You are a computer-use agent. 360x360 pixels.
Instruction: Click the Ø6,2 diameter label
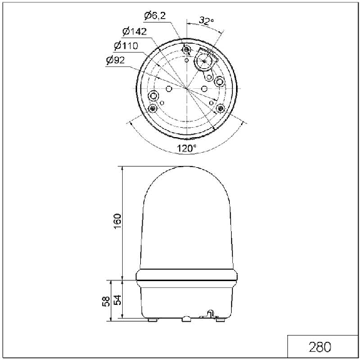(x=155, y=16)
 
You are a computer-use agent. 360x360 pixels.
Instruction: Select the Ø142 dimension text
(x=135, y=31)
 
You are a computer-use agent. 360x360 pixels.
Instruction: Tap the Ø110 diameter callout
(x=126, y=46)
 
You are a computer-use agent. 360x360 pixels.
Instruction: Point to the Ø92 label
(x=115, y=60)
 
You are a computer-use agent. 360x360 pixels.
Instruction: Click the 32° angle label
(x=206, y=21)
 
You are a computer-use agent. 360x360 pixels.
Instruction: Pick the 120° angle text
(x=187, y=148)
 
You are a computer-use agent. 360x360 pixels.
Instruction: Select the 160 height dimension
(x=117, y=221)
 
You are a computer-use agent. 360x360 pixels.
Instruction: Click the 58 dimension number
(x=106, y=301)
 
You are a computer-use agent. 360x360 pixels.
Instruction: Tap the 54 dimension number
(x=117, y=300)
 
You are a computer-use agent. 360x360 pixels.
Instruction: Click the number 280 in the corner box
(x=320, y=347)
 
